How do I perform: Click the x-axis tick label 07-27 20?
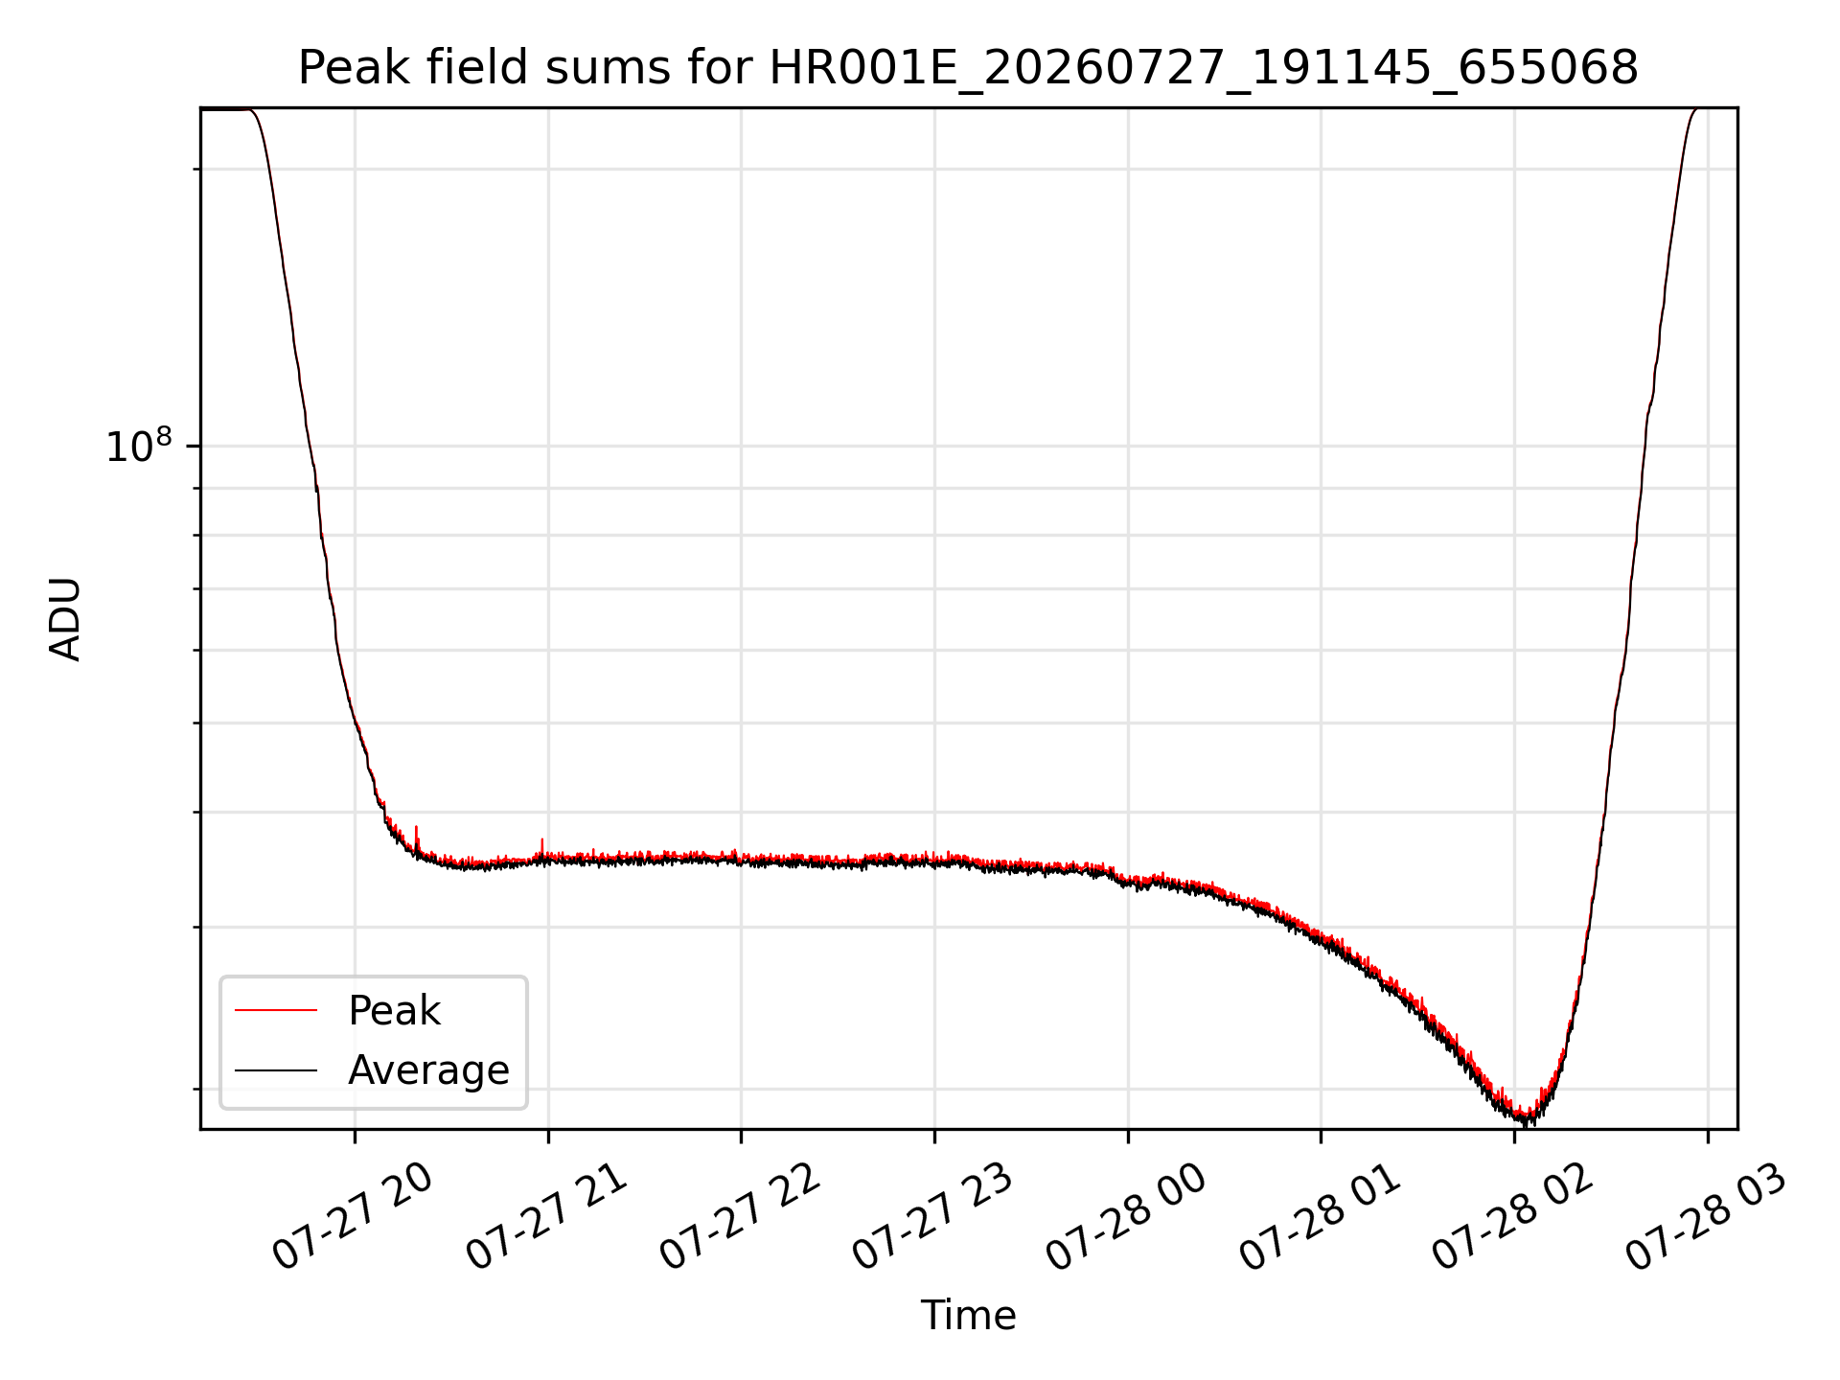353,1217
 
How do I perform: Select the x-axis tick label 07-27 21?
546,1217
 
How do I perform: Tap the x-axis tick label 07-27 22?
740,1217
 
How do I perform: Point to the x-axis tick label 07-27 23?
932,1217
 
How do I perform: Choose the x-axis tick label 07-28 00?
1126,1217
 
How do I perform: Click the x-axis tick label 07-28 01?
1320,1217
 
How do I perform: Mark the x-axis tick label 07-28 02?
1512,1217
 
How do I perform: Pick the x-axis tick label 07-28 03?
1706,1217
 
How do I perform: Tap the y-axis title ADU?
65,619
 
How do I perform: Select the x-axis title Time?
968,1315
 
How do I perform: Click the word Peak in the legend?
394,1011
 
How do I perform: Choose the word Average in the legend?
428,1069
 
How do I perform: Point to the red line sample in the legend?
276,1010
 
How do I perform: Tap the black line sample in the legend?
276,1069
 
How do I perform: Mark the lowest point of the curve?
1524,1123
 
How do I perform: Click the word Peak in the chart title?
356,67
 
